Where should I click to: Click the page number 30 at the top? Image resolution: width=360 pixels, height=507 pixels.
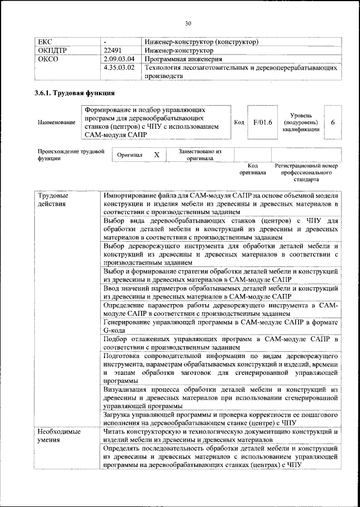click(x=188, y=23)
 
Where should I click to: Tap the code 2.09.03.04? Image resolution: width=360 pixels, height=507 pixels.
click(x=119, y=58)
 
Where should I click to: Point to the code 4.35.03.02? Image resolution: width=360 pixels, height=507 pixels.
click(x=119, y=67)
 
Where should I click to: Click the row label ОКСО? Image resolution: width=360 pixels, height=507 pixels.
click(x=47, y=58)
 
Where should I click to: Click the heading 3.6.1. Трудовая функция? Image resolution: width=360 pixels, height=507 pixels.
click(x=74, y=93)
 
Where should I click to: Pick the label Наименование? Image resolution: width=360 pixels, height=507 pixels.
click(x=56, y=123)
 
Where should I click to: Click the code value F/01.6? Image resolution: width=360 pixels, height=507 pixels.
click(x=263, y=122)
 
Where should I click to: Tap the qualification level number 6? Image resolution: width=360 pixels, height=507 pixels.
click(x=333, y=122)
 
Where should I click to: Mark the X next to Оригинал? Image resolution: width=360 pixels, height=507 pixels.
click(x=157, y=155)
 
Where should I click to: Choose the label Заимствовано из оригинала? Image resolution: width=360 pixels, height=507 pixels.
click(x=200, y=155)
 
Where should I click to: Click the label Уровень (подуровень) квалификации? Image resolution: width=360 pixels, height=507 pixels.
click(x=301, y=122)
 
